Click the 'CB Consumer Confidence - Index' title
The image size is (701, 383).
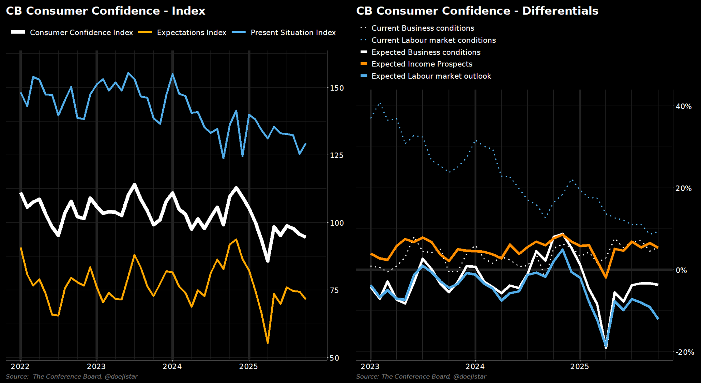coord(106,11)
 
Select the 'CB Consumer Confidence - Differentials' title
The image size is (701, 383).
coord(477,11)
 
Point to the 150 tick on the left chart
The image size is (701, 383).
coord(337,88)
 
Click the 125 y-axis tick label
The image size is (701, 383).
coord(337,155)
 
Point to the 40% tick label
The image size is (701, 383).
coord(684,107)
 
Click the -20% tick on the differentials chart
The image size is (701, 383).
coord(684,352)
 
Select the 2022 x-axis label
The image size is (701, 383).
coord(20,367)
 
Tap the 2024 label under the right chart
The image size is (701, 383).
coord(475,367)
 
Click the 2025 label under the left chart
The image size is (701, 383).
coord(249,367)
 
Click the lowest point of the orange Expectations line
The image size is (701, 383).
coord(268,343)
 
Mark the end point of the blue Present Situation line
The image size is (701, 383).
coord(306,144)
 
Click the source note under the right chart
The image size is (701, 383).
coord(421,377)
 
